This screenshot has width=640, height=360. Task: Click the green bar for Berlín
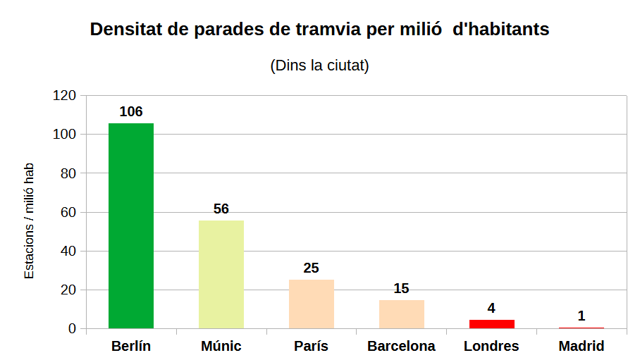coord(131,225)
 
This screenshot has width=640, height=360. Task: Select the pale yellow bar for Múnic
coord(221,274)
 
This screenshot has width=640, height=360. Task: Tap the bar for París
coord(312,304)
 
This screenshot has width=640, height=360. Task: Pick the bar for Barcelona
coord(402,314)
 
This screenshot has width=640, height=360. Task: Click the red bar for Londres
coord(492,324)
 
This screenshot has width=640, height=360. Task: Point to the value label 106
coord(131,112)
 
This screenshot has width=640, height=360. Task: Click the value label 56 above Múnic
coord(221,209)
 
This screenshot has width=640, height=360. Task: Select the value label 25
coord(312,268)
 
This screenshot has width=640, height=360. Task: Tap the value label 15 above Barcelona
coord(402,288)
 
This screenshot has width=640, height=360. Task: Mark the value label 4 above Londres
coord(491,309)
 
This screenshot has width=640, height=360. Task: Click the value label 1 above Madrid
coord(581,316)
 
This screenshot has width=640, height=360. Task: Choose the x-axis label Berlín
coord(131,347)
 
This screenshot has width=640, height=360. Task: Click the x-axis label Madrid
coord(581,347)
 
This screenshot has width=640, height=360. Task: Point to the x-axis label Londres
coord(491,347)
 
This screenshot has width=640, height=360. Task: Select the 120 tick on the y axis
coord(65,96)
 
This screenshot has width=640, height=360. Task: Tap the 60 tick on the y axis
coord(68,212)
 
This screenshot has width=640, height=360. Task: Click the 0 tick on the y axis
coord(72,329)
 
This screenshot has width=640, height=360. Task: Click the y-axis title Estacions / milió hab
coord(29,221)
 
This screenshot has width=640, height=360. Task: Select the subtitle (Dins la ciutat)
coord(320,66)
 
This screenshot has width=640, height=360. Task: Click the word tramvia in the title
coord(326,30)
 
